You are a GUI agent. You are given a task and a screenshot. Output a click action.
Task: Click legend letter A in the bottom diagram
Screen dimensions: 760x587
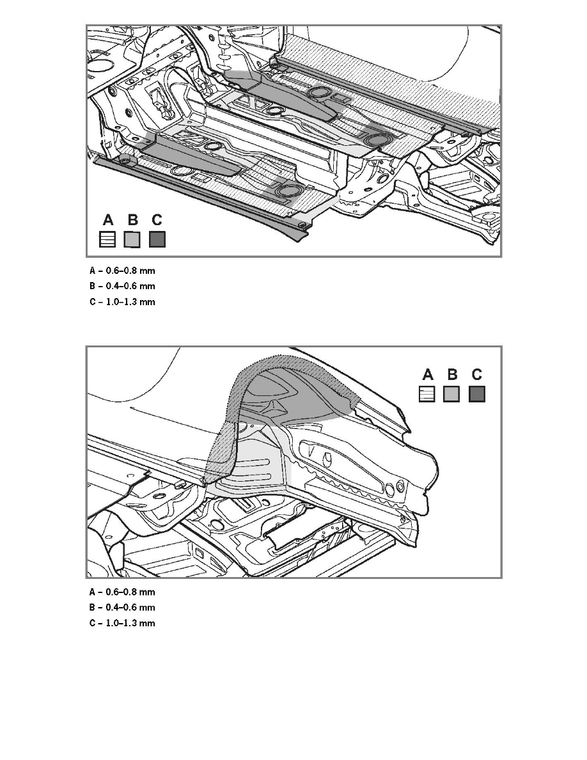click(428, 374)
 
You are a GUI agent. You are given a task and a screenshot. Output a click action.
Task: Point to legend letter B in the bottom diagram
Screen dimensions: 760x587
click(452, 374)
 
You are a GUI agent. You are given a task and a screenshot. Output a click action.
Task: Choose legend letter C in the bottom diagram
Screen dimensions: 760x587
click(476, 374)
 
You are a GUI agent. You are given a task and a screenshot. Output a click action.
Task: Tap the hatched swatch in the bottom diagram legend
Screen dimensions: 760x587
click(427, 394)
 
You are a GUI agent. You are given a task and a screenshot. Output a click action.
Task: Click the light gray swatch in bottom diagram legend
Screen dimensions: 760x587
click(451, 394)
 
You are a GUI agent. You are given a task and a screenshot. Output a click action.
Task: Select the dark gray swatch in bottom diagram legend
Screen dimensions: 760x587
click(476, 394)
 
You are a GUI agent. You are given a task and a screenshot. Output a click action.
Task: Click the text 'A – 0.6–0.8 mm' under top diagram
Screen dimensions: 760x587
click(122, 271)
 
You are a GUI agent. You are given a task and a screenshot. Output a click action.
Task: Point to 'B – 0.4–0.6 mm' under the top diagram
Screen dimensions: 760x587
click(122, 287)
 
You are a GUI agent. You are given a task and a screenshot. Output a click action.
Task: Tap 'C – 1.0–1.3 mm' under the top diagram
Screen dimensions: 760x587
click(122, 302)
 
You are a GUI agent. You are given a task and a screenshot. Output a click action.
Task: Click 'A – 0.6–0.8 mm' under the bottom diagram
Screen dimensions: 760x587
click(122, 592)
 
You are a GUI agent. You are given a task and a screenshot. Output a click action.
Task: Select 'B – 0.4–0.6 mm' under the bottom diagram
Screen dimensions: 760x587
click(122, 608)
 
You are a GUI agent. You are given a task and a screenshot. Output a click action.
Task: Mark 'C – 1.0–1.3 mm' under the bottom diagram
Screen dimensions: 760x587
click(122, 623)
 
